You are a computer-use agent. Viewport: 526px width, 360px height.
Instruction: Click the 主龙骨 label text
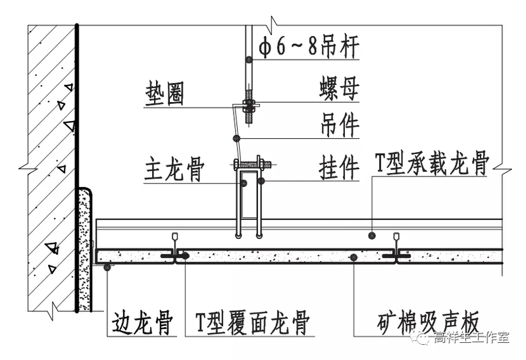pyautogui.click(x=173, y=170)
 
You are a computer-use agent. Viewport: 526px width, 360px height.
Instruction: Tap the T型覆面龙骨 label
pyautogui.click(x=253, y=324)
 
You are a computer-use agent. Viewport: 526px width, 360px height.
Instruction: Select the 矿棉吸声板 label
pyautogui.click(x=428, y=324)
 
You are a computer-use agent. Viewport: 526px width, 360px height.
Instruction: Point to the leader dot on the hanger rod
pyautogui.click(x=248, y=60)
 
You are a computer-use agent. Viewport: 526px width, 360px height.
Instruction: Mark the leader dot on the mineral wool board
pyautogui.click(x=354, y=257)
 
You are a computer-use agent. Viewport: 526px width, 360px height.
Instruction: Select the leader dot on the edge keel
pyautogui.click(x=107, y=267)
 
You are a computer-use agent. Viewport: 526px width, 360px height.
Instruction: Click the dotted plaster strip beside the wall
pyautogui.click(x=84, y=250)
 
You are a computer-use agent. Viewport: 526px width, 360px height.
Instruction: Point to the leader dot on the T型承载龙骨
pyautogui.click(x=372, y=234)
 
